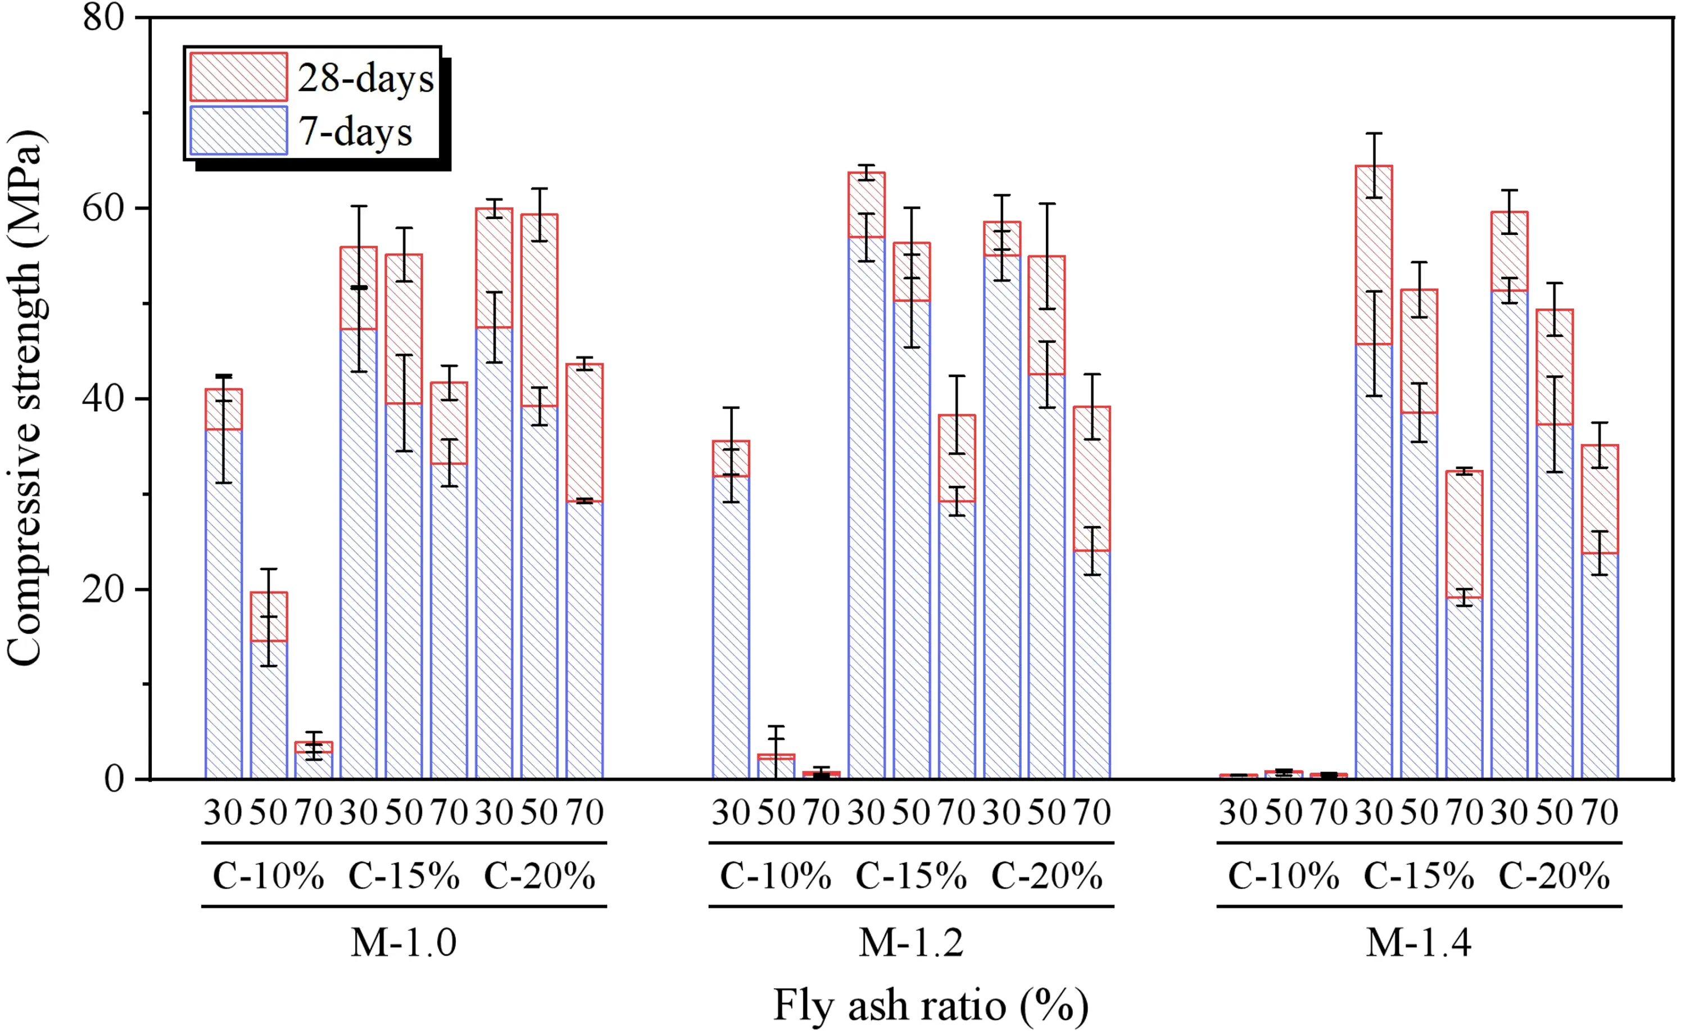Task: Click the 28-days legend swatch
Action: pos(238,76)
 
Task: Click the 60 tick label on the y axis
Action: pos(104,207)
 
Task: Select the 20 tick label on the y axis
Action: pos(104,589)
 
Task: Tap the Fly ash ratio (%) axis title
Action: pos(930,1005)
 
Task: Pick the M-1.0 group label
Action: pos(404,942)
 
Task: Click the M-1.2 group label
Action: pos(911,942)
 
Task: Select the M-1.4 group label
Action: pos(1418,942)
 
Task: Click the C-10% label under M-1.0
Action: pos(268,876)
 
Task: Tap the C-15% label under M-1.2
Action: pos(911,876)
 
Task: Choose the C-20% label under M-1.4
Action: pos(1554,876)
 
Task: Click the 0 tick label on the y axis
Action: pos(114,779)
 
